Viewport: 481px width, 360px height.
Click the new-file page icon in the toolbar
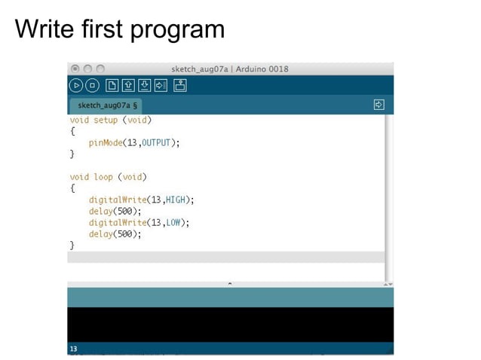pyautogui.click(x=112, y=85)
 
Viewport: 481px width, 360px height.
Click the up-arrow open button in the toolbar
pyautogui.click(x=128, y=85)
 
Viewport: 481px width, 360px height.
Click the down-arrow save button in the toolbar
pyautogui.click(x=145, y=85)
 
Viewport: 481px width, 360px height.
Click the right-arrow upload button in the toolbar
pyautogui.click(x=161, y=85)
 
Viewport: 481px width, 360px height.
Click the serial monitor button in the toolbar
pyautogui.click(x=179, y=85)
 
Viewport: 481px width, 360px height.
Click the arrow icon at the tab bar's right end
pyautogui.click(x=379, y=105)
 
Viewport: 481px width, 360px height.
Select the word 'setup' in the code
pyautogui.click(x=106, y=120)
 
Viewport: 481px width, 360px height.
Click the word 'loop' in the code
pyautogui.click(x=103, y=177)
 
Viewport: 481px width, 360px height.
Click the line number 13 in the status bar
pyautogui.click(x=73, y=349)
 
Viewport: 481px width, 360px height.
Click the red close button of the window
pyautogui.click(x=75, y=69)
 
